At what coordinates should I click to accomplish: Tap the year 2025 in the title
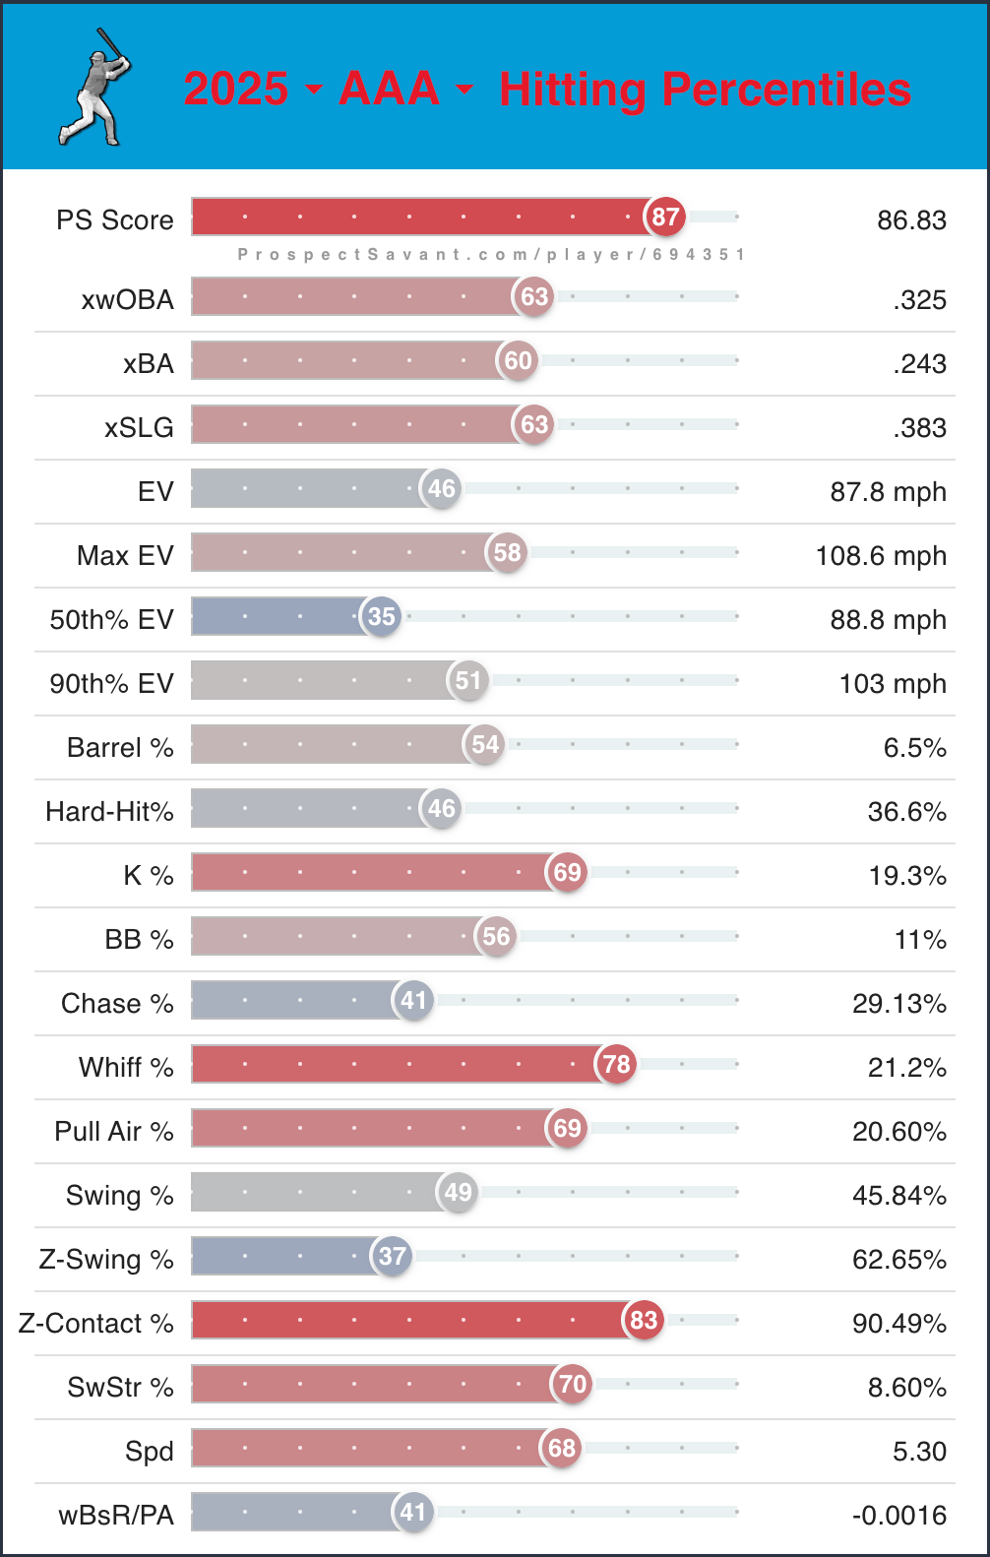point(236,89)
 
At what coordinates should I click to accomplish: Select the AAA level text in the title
point(389,89)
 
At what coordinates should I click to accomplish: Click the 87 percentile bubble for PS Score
point(665,217)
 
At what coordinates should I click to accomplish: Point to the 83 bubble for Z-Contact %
point(644,1320)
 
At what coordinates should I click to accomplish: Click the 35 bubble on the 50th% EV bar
point(381,616)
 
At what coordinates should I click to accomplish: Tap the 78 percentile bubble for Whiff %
point(616,1064)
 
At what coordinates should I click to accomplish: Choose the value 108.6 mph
point(881,556)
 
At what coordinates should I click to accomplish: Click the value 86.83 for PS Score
point(911,219)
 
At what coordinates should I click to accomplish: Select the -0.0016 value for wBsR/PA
point(898,1516)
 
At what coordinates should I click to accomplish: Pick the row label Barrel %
point(120,748)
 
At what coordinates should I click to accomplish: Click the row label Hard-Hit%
point(109,812)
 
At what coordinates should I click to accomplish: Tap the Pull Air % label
point(114,1132)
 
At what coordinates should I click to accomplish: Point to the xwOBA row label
point(127,300)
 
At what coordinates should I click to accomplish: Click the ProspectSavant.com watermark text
point(490,255)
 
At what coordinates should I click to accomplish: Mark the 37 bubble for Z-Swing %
point(392,1256)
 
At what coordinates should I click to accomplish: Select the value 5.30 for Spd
point(919,1452)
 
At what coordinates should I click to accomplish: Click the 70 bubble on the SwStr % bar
point(573,1384)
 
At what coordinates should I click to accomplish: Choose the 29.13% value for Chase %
point(898,1004)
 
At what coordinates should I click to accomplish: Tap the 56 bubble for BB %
point(496,936)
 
